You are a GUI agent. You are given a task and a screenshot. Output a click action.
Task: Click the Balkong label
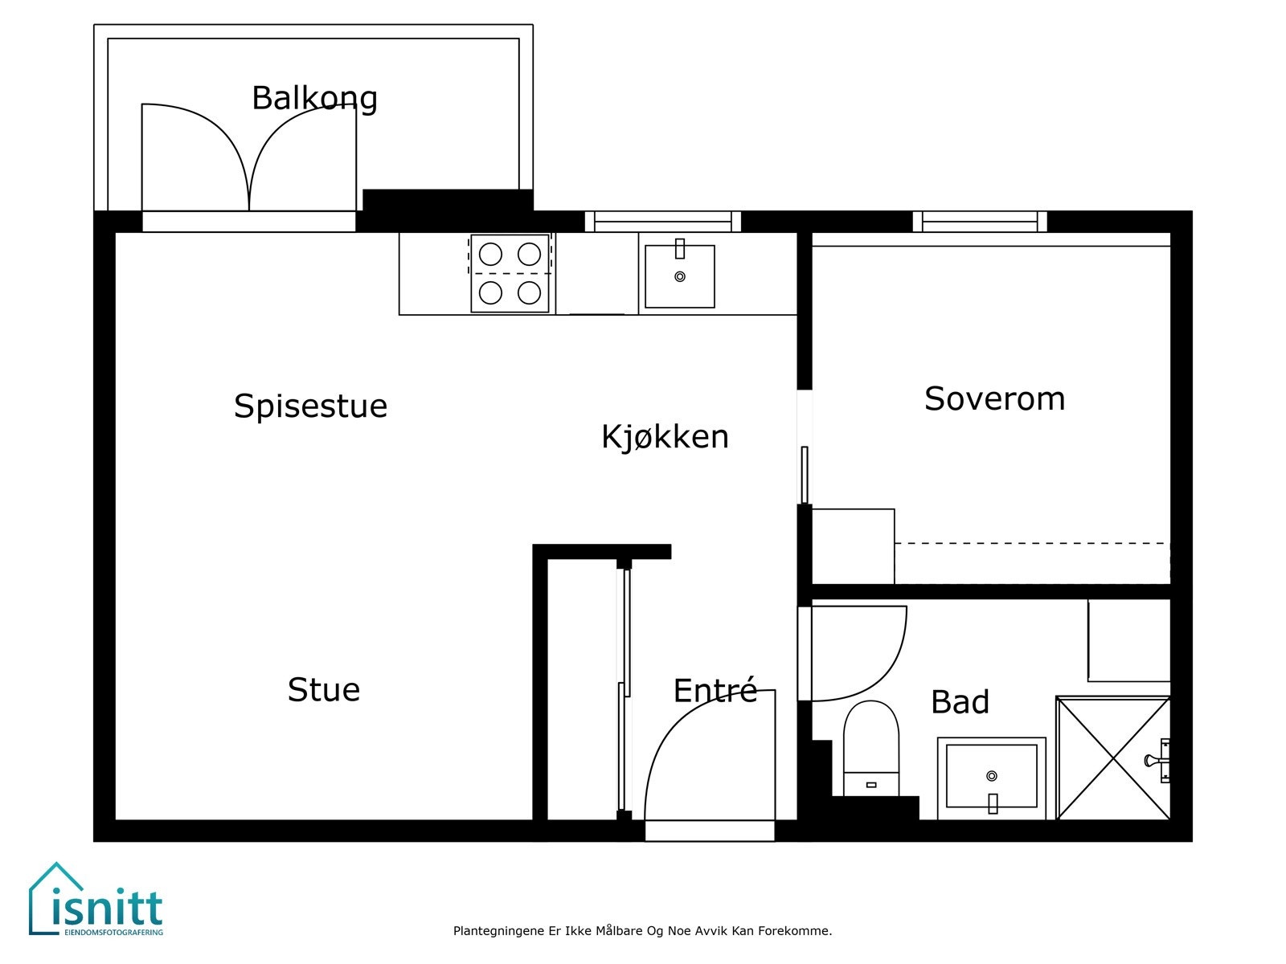[314, 98]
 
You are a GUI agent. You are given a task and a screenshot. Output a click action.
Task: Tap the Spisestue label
[310, 406]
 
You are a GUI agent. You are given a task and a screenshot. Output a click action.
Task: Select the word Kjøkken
[665, 436]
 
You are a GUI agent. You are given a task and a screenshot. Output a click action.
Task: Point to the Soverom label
[994, 398]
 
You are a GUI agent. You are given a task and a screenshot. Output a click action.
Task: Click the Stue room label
[323, 689]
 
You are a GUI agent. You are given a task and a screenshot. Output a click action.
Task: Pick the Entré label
[715, 691]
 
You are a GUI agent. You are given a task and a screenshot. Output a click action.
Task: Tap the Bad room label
[960, 702]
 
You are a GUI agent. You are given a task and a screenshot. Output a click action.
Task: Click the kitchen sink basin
[680, 277]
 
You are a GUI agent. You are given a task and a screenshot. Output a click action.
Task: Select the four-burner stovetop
[510, 274]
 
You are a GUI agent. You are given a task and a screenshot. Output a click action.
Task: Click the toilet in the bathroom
[870, 747]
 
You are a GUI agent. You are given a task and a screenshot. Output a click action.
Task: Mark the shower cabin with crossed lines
[1112, 758]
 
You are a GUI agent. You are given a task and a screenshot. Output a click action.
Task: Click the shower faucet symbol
[1159, 759]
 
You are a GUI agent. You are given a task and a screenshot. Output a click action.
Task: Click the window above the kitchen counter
[662, 221]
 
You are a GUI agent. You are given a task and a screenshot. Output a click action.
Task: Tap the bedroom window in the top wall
[980, 221]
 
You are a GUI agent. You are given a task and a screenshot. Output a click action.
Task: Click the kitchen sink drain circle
[680, 276]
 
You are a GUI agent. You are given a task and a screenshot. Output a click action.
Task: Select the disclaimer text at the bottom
[642, 931]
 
